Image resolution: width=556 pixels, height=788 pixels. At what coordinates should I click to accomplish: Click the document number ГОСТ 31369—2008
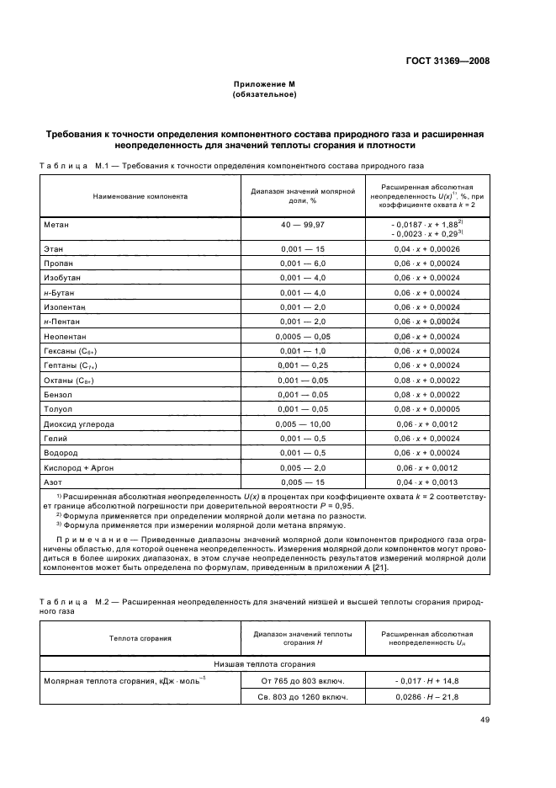click(447, 61)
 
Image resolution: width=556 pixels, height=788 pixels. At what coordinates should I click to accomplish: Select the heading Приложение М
click(265, 85)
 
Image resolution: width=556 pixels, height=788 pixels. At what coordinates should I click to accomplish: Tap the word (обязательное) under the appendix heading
click(264, 94)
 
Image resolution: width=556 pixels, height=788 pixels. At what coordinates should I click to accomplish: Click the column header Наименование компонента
click(140, 195)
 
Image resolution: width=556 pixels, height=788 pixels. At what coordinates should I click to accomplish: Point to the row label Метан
click(56, 226)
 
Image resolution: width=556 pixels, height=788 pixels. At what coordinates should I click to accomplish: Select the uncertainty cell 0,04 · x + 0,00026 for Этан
click(426, 250)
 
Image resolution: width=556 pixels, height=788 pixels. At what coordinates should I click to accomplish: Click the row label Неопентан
click(64, 336)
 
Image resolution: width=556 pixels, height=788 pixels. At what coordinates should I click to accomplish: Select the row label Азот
click(52, 482)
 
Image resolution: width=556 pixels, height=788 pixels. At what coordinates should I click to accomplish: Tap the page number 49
click(485, 719)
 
